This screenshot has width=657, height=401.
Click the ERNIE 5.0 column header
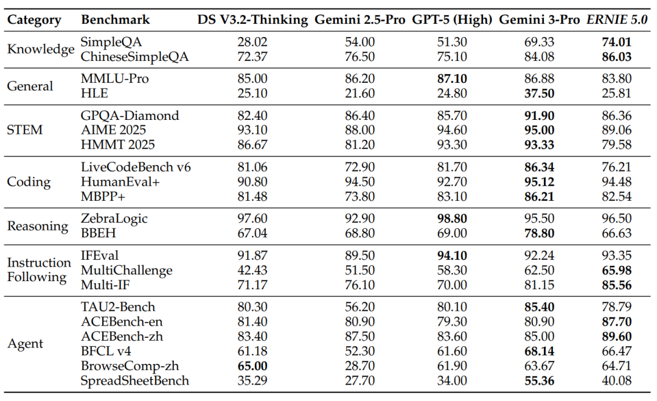coord(616,19)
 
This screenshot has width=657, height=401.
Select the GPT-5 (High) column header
coord(452,19)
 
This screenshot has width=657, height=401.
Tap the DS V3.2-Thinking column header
coord(252,19)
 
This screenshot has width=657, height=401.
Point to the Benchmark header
coord(116,19)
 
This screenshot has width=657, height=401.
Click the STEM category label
coord(25,130)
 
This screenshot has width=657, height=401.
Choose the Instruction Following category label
coord(39,270)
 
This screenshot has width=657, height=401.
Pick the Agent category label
coord(25,344)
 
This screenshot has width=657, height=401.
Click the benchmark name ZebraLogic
coord(114,218)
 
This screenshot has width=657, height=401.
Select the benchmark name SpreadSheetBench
coord(135,381)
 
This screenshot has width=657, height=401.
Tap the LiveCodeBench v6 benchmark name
coord(136,167)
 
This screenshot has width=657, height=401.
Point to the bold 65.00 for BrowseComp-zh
coord(252,366)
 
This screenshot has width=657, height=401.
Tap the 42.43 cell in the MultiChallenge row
coord(252,270)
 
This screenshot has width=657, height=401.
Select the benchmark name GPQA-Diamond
coord(130,115)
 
